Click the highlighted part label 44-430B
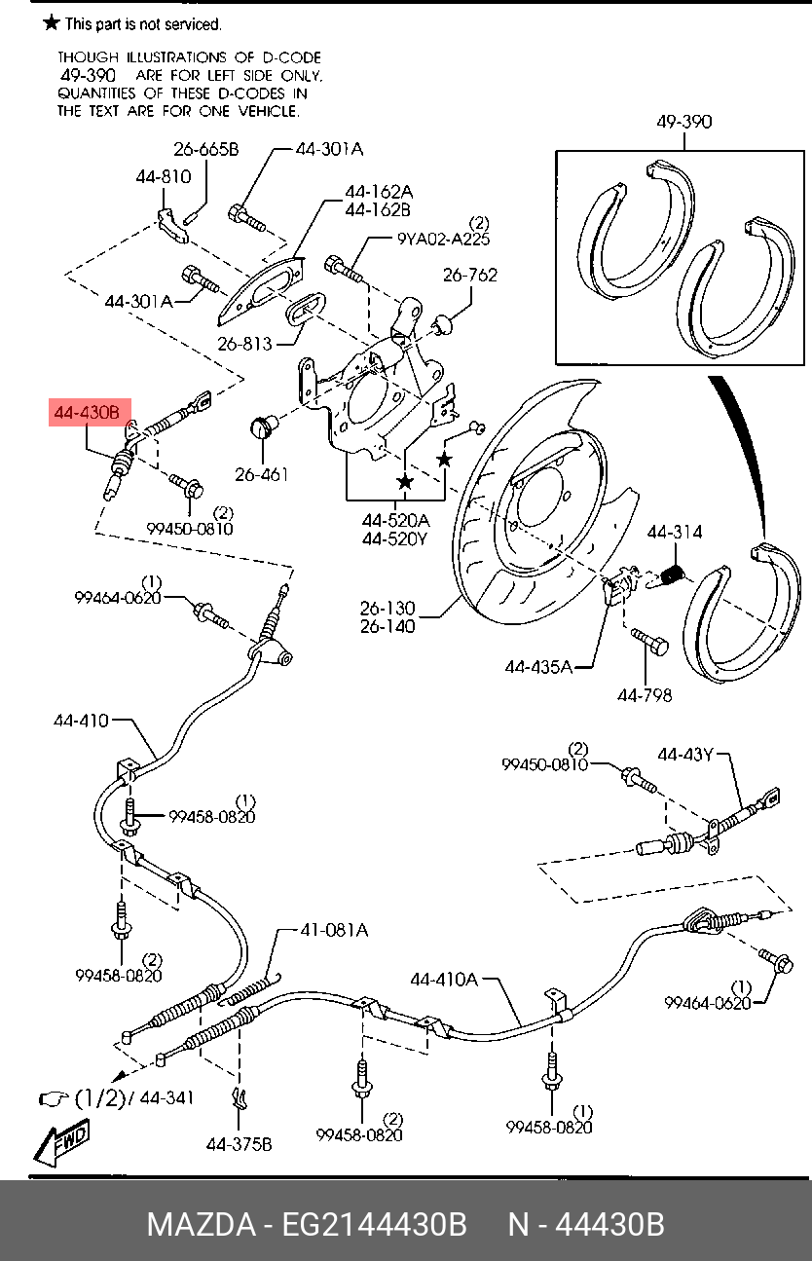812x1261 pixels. [x=88, y=413]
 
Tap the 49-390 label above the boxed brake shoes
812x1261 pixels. [x=683, y=122]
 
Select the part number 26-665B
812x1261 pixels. [x=206, y=149]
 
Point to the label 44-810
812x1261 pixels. [x=164, y=177]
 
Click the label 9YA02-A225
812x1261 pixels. [x=443, y=240]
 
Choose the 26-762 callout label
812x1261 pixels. [x=470, y=275]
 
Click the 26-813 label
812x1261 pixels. [x=244, y=344]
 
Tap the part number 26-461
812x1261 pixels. [x=262, y=474]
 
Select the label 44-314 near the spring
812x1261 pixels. [x=674, y=532]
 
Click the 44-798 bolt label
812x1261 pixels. [x=645, y=696]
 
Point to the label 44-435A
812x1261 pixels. [x=538, y=667]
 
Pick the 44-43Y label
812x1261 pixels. [x=685, y=755]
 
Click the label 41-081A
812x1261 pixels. [x=334, y=930]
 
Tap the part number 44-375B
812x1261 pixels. [x=240, y=1144]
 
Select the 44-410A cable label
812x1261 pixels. [x=444, y=980]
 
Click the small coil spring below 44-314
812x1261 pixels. [x=673, y=575]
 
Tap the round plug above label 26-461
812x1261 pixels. [x=263, y=426]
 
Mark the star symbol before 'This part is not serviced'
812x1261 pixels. [x=52, y=23]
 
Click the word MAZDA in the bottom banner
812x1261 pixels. [x=202, y=1225]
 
